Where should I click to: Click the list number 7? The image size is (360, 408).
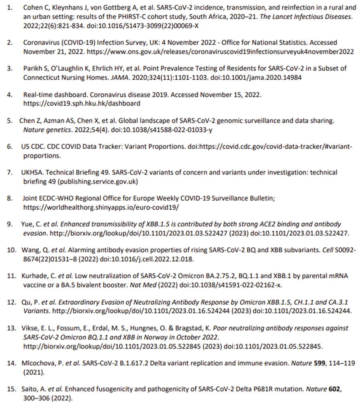pyautogui.click(x=10, y=172)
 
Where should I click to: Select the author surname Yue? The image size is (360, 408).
pyautogui.click(x=28, y=224)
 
